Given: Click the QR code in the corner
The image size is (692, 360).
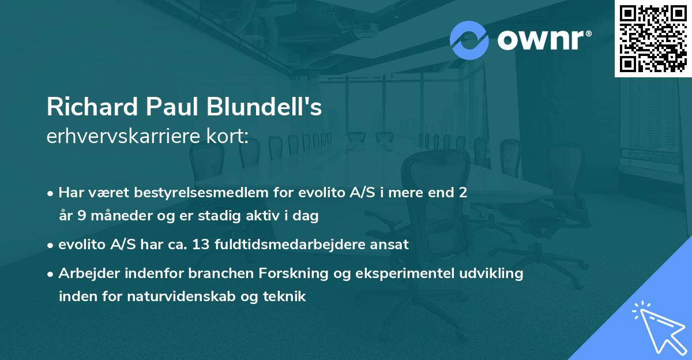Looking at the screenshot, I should (653, 38).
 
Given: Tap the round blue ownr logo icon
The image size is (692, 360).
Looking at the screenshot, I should (469, 40).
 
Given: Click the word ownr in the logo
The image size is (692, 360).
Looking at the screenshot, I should (543, 41).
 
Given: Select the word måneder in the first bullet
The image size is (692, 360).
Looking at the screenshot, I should (106, 216).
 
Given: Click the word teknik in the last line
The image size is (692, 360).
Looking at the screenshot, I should (286, 297).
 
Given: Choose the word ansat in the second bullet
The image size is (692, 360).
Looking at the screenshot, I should (392, 244).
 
